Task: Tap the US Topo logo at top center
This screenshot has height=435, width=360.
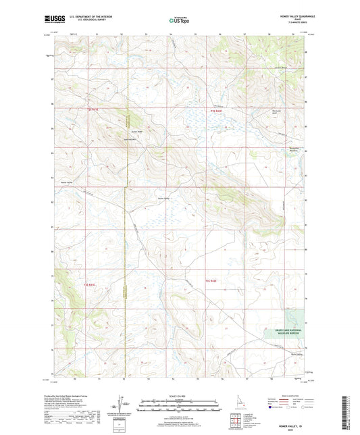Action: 179,21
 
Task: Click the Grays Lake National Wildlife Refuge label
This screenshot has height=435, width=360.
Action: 283,331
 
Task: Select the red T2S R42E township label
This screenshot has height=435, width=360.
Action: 215,109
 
